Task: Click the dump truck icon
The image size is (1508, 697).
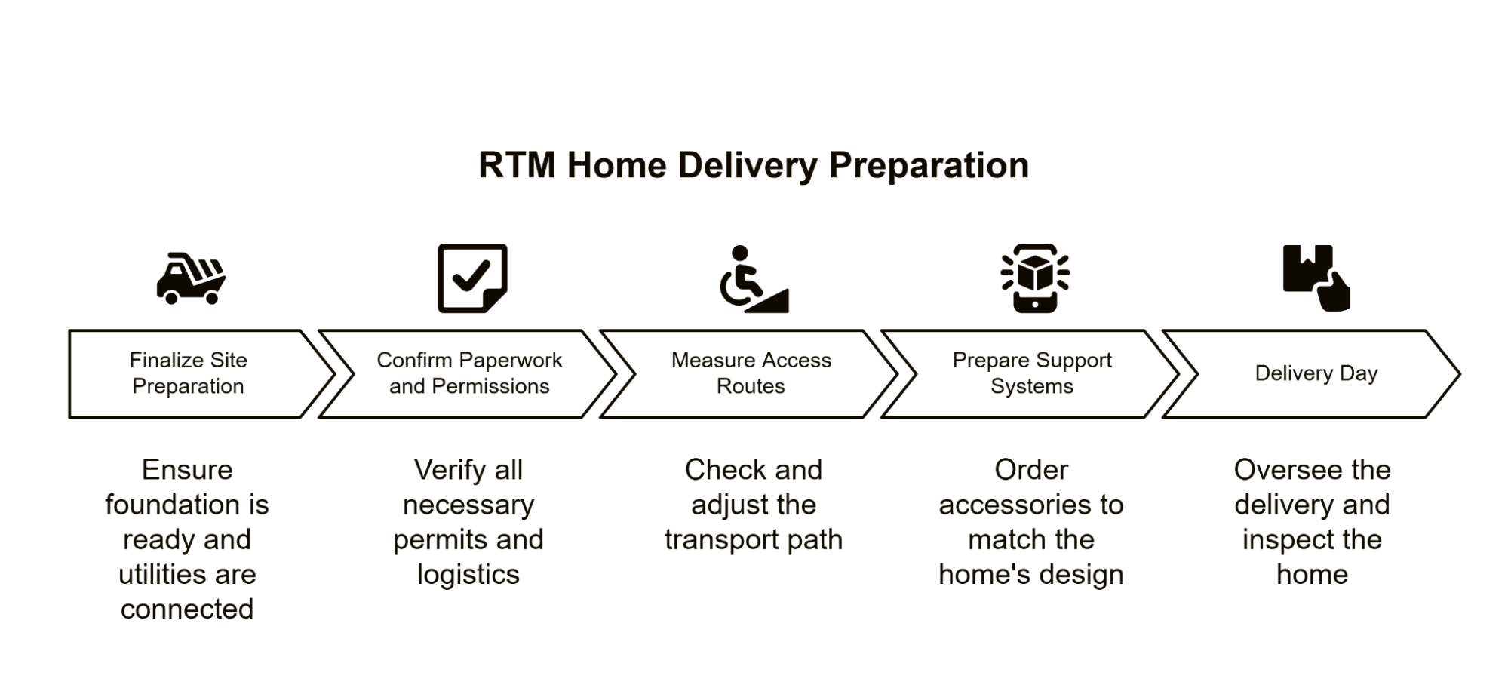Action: click(x=191, y=278)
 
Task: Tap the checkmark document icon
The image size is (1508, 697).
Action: click(x=472, y=278)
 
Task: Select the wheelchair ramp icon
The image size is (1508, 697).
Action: click(x=753, y=279)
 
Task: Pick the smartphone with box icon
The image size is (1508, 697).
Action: click(x=1034, y=278)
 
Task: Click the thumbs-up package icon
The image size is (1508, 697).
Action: click(x=1316, y=278)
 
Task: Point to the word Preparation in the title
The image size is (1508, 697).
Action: click(x=929, y=165)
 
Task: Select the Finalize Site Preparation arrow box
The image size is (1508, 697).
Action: click(x=189, y=373)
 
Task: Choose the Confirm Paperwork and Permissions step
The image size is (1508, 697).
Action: click(x=468, y=373)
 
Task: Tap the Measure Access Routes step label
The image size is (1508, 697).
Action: click(x=751, y=373)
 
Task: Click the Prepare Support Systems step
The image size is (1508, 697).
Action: click(x=1031, y=373)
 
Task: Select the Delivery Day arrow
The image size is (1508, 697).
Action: click(x=1316, y=373)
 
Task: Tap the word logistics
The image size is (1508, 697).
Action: click(x=468, y=575)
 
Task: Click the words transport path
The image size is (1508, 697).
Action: click(x=753, y=540)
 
